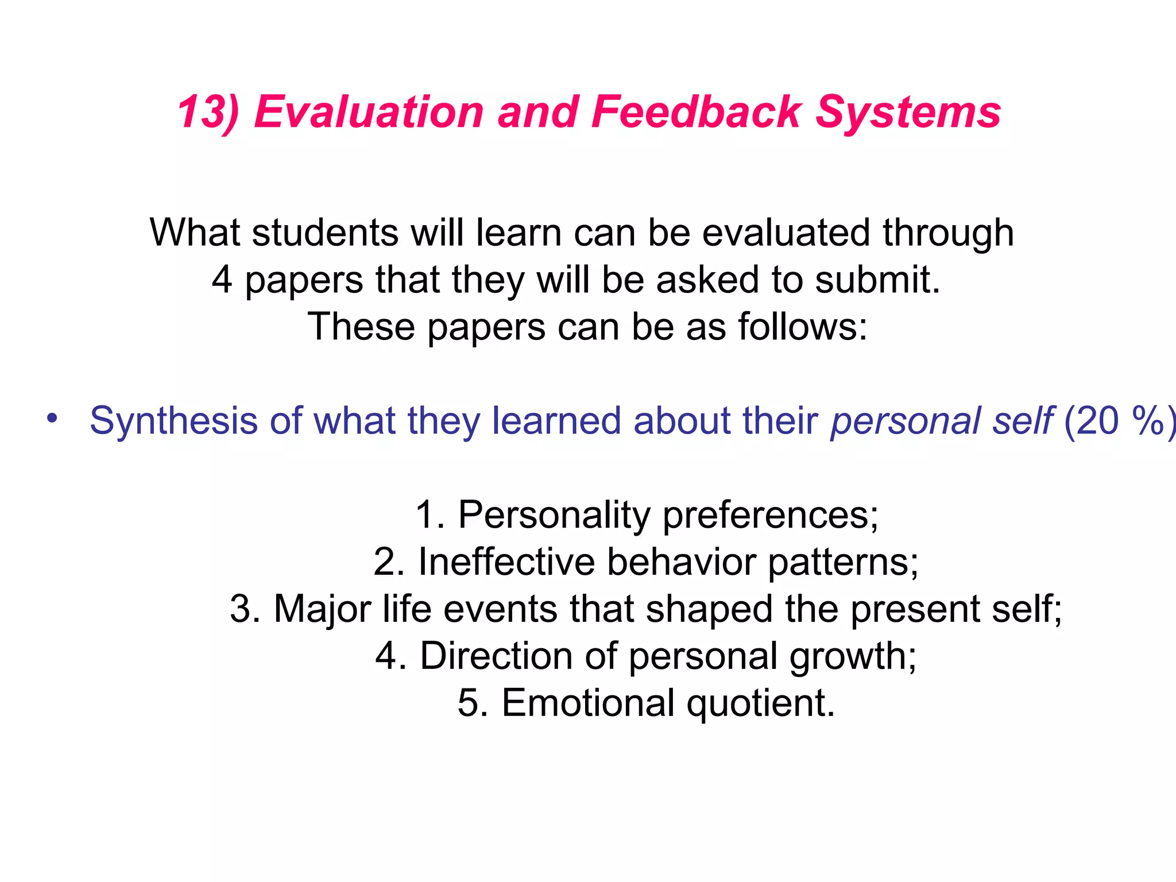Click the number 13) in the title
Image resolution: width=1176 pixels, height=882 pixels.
[x=208, y=112]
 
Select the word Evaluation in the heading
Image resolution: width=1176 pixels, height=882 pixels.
[x=369, y=112]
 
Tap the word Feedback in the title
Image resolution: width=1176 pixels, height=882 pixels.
[x=696, y=112]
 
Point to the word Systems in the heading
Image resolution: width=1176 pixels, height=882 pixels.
[x=908, y=112]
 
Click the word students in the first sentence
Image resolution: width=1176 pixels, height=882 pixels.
[x=325, y=233]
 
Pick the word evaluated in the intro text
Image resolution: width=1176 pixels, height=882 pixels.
[x=786, y=233]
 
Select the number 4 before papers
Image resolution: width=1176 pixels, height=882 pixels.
[x=222, y=280]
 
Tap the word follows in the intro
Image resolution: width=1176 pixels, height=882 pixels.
[x=802, y=327]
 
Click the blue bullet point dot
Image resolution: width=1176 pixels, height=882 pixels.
[x=52, y=418]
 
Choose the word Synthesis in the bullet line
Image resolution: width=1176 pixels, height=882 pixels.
[x=174, y=421]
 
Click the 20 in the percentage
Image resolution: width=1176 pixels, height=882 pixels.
[x=1097, y=421]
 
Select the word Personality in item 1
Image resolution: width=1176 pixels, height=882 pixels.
[x=554, y=514]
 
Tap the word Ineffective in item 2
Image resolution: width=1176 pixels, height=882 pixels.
[x=506, y=562]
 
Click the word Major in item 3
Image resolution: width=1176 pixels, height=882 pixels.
[x=322, y=609]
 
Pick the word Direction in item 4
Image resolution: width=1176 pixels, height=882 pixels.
[x=496, y=656]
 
